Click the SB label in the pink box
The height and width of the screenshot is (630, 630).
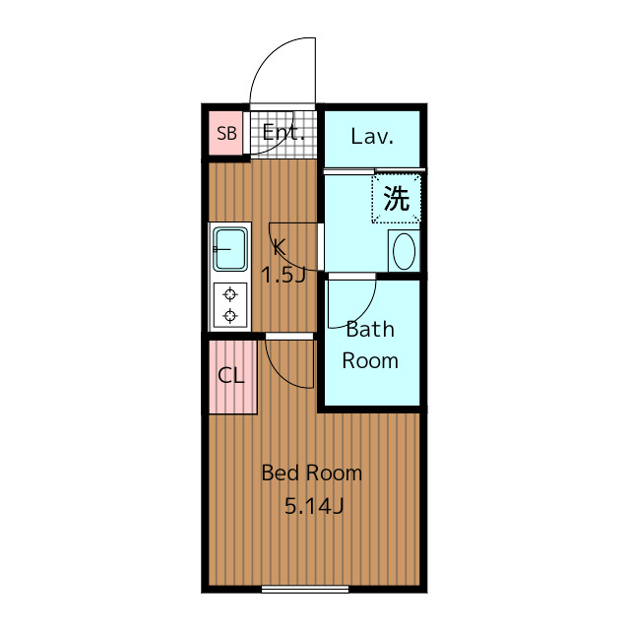pos(226,134)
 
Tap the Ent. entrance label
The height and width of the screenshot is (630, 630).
pos(283,132)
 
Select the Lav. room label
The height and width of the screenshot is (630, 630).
pos(372,136)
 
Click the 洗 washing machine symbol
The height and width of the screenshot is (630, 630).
pos(396,199)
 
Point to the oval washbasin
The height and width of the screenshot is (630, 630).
pos(404,251)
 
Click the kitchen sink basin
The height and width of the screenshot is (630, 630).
pos(229,249)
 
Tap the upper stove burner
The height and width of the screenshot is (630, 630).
pos(229,294)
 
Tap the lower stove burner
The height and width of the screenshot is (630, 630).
pos(229,316)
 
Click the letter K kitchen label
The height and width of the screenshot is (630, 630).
pos(279,247)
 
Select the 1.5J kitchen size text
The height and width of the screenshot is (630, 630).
pos(283,276)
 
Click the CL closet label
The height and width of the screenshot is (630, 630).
pos(230,376)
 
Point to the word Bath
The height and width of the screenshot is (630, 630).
pos(370,330)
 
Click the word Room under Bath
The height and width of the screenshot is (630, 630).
pos(370,360)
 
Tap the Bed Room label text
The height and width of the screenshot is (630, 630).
pos(312,472)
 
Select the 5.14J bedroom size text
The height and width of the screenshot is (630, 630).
pos(314,506)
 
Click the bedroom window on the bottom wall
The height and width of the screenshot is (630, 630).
pos(305,589)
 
